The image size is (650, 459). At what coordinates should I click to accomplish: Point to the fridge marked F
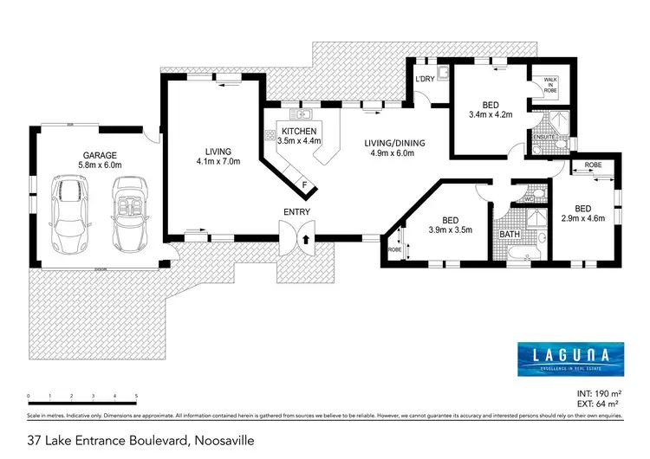coord(304,184)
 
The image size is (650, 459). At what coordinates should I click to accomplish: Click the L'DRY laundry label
coord(425,80)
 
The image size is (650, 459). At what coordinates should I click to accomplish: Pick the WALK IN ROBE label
coord(549,83)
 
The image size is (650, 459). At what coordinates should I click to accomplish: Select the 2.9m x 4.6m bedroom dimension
coord(582,218)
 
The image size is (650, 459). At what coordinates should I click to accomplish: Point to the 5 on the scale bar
coord(136,396)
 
